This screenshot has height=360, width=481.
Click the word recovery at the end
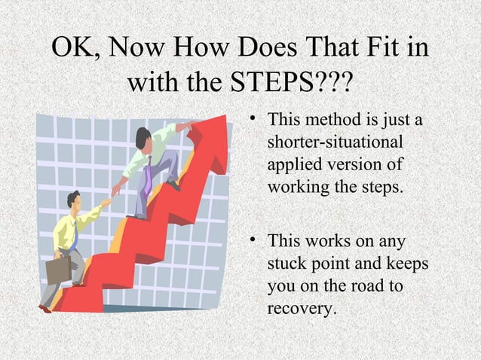coord(301,308)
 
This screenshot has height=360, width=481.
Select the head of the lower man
coord(73,200)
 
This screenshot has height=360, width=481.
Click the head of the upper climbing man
coord(143,137)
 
